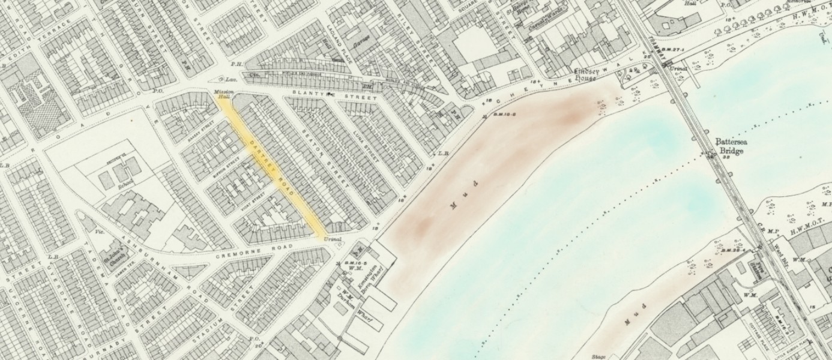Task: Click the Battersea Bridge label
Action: (729, 146)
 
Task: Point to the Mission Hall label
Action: (223, 94)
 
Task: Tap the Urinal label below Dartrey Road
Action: (332, 239)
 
